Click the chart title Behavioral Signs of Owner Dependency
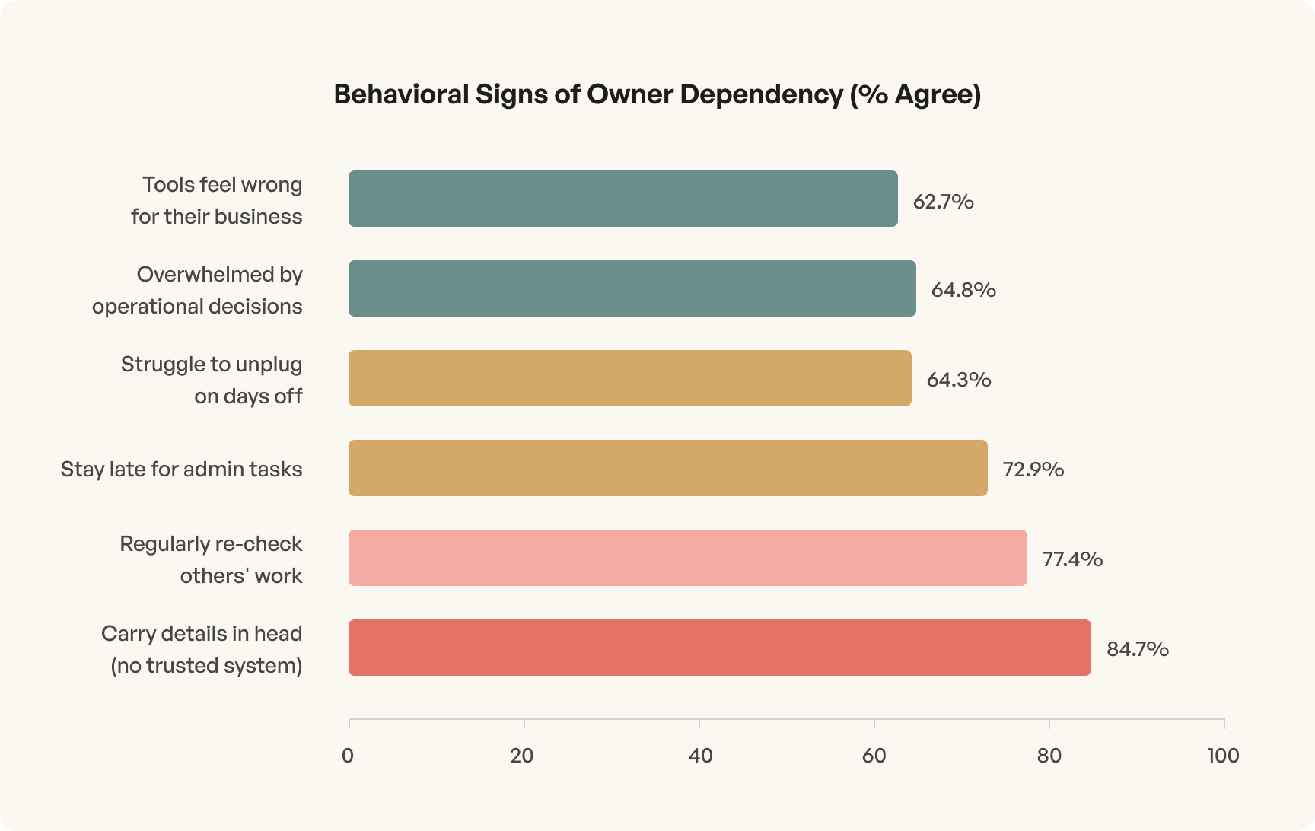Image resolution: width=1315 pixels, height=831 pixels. (657, 94)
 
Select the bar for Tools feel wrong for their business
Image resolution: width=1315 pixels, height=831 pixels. (622, 199)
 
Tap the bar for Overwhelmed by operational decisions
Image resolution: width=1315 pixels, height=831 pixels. (632, 288)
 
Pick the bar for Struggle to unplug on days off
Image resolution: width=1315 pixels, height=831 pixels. (629, 378)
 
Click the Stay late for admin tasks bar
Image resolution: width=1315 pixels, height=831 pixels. (667, 468)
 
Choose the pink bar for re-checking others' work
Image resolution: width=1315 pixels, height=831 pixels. (687, 558)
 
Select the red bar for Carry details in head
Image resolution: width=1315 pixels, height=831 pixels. (719, 648)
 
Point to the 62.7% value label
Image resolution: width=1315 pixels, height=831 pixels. (943, 202)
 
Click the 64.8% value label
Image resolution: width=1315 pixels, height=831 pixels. (963, 290)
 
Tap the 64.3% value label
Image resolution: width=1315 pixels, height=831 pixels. (958, 380)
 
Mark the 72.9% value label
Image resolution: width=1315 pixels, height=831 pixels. (1033, 470)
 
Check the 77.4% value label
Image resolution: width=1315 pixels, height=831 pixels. (1071, 559)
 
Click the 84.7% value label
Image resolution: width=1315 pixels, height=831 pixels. (1137, 649)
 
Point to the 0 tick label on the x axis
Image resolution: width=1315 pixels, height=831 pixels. (348, 756)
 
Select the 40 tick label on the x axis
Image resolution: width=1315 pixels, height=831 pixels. (699, 756)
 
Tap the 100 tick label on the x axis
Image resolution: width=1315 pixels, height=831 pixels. (1222, 756)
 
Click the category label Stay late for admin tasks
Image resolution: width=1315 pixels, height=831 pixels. (181, 469)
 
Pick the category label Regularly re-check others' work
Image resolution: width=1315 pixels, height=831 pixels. (211, 559)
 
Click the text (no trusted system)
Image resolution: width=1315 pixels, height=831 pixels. (206, 666)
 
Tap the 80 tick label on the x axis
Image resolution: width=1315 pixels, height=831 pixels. (1049, 756)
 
